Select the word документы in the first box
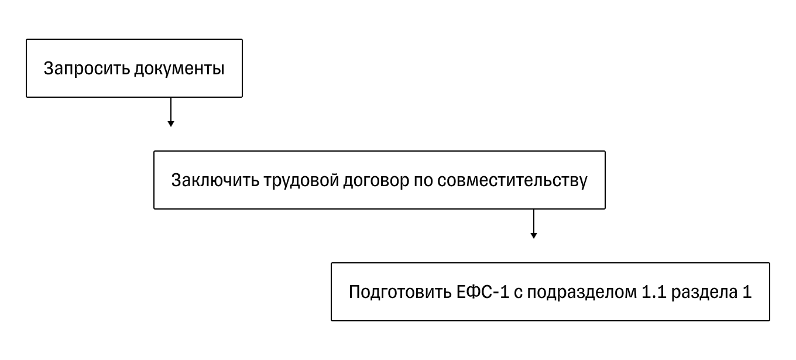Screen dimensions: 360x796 pos(179,68)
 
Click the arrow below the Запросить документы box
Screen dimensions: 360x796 pos(170,111)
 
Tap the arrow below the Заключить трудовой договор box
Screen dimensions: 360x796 pos(533,223)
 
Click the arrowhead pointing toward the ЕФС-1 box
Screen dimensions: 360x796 pos(533,235)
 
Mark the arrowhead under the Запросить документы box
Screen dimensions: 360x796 pos(170,124)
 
